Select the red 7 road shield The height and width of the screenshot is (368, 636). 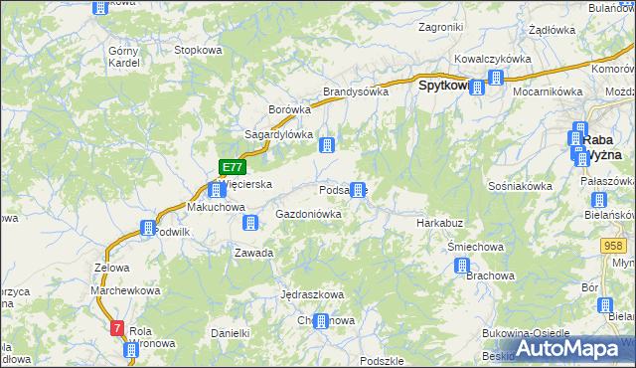[118, 327]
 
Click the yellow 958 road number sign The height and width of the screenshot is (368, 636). [613, 245]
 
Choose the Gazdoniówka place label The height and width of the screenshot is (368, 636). [308, 214]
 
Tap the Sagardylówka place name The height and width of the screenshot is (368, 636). [279, 134]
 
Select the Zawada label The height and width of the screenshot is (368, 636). [253, 253]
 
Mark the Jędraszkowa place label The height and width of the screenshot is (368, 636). [312, 294]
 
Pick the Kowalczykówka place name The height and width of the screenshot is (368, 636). [493, 59]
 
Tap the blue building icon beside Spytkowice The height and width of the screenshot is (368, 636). [477, 88]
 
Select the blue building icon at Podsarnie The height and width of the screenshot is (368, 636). [357, 190]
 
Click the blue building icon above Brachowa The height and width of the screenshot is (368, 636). [462, 266]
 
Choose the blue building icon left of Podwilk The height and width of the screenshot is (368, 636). [148, 228]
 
